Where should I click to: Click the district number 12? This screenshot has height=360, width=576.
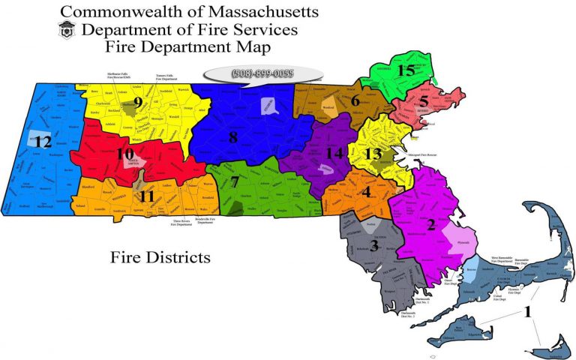tap(42, 141)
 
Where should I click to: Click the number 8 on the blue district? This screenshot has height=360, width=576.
tap(233, 137)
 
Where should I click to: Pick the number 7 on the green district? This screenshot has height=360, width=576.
tap(235, 182)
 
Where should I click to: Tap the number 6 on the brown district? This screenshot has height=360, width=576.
tap(355, 100)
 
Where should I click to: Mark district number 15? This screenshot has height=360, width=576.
tap(406, 70)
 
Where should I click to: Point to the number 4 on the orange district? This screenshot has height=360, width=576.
tap(366, 191)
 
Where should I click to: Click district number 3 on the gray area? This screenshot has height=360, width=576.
tap(373, 244)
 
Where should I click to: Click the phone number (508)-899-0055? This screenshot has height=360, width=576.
tap(263, 73)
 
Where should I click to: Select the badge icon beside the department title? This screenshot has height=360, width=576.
tap(66, 31)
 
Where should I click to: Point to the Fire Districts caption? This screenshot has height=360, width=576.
tap(160, 258)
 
